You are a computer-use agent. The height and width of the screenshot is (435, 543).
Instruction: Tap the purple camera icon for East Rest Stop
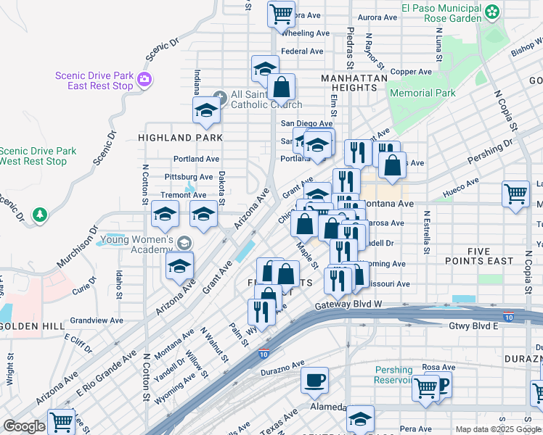144,78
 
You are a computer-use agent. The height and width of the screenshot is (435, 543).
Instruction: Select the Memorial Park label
422,93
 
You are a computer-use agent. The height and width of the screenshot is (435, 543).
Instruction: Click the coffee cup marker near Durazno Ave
314,381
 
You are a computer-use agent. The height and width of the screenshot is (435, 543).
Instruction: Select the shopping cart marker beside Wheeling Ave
280,12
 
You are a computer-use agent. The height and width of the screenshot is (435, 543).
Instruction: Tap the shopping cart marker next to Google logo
62,421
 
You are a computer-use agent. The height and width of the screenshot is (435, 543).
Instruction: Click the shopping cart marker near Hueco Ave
515,193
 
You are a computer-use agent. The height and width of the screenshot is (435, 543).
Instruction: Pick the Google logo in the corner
24,426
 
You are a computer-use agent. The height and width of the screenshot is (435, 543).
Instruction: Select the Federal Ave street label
302,51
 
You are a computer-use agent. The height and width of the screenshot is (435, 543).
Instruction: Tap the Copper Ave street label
411,72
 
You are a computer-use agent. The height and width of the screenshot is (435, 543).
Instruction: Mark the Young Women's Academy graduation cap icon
185,243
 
